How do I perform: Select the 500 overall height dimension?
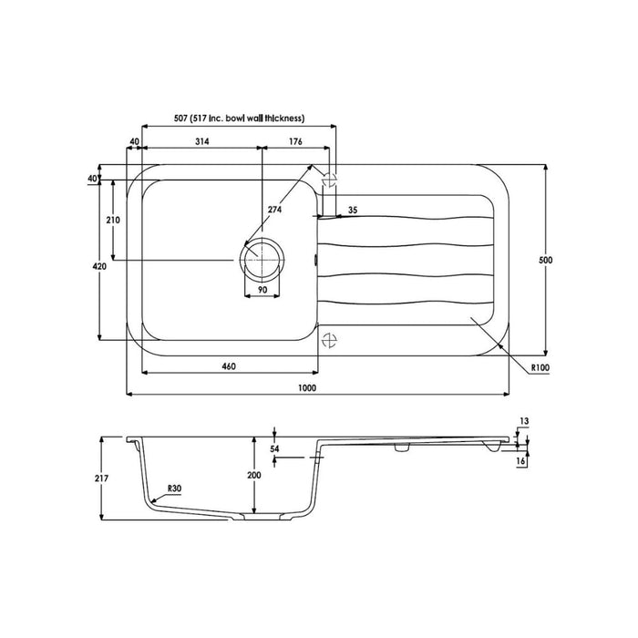click(546, 261)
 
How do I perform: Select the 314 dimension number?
click(201, 141)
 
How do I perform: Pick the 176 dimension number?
click(294, 141)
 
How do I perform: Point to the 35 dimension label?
click(352, 211)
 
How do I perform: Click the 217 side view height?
click(112, 477)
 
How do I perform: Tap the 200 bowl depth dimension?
click(253, 476)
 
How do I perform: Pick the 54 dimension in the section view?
click(276, 449)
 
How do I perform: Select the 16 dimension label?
click(521, 462)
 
